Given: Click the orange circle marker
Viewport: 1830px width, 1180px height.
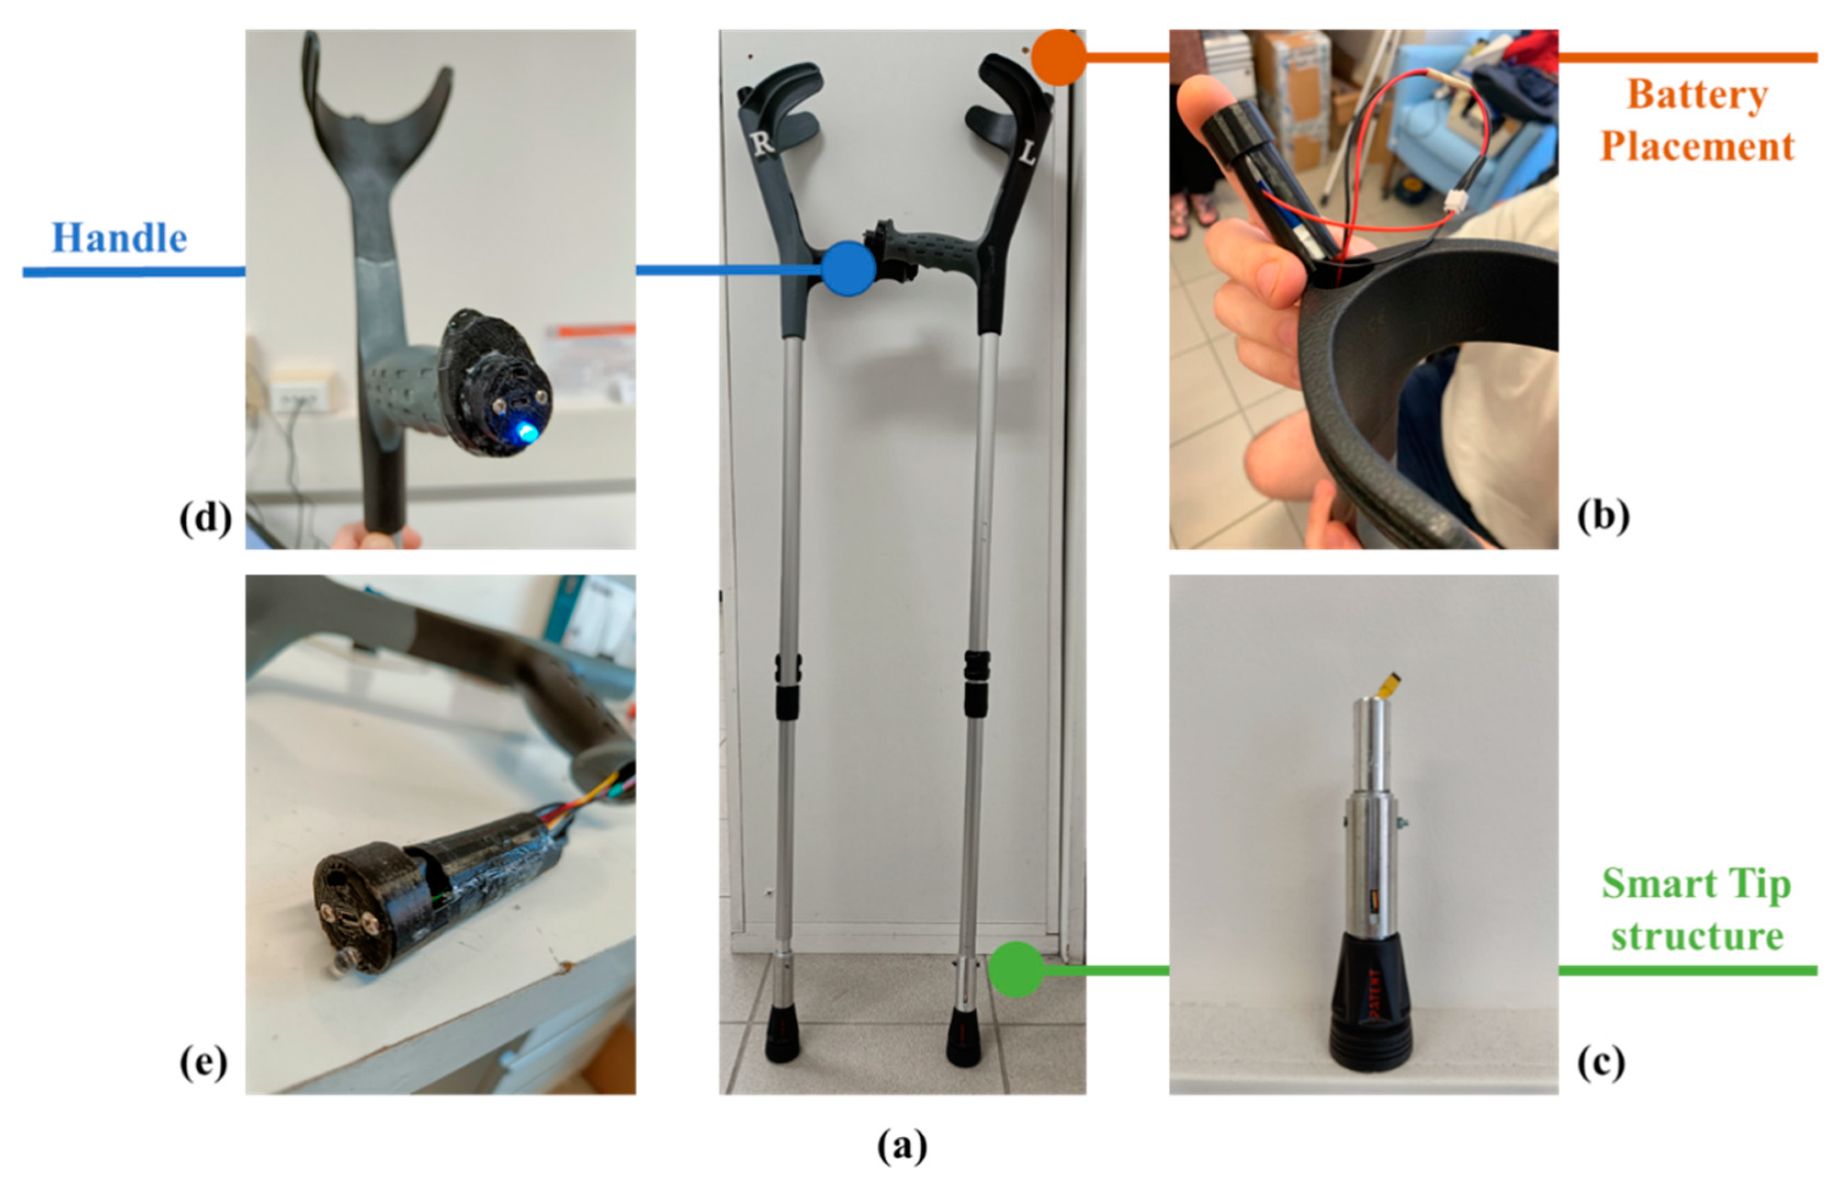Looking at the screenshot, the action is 1059,57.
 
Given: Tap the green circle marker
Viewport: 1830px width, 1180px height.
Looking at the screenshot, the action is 1016,969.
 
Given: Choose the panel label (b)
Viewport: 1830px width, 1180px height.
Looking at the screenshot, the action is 1603,517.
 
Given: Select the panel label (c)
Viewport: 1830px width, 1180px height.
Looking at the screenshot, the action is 1601,1063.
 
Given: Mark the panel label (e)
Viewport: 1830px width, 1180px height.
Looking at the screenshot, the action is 203,1063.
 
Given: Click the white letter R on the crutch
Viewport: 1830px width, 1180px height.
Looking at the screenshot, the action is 763,143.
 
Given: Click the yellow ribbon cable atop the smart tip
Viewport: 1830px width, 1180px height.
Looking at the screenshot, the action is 1387,687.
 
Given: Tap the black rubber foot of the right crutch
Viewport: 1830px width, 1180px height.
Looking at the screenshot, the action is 782,1035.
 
